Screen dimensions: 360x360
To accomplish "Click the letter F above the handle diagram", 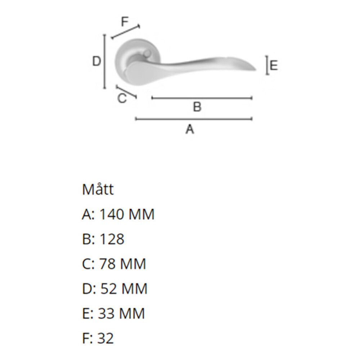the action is click(125, 22).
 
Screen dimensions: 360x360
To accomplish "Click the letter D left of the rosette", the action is click(96, 61).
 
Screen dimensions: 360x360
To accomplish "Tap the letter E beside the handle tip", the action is click(274, 65).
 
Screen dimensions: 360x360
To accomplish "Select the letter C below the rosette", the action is click(122, 99).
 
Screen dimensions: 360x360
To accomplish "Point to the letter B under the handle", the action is click(197, 107).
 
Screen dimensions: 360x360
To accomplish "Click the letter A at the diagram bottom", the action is click(190, 129).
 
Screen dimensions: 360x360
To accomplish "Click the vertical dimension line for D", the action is click(105, 61).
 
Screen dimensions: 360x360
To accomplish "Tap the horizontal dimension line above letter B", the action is click(202, 98).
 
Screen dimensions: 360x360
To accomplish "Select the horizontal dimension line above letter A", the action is click(194, 119).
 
